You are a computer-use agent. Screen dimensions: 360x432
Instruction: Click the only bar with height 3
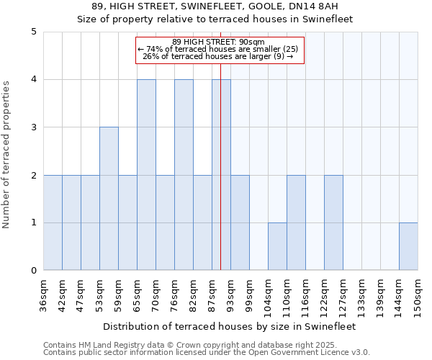coord(109,199)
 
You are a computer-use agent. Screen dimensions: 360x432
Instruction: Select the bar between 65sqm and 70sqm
coord(146,175)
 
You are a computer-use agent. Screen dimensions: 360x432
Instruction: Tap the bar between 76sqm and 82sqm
coord(184,175)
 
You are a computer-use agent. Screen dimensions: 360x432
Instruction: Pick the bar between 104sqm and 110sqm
coord(277,246)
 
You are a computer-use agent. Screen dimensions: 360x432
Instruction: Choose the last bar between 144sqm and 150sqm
coord(408,246)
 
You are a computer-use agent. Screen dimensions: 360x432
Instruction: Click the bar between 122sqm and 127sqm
coord(333,222)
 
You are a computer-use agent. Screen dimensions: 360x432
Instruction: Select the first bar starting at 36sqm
coord(53,222)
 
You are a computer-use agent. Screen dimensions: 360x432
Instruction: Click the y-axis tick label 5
coord(34,32)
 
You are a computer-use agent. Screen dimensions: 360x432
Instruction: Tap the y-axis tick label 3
coord(34,127)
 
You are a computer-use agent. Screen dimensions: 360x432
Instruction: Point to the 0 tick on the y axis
coord(34,271)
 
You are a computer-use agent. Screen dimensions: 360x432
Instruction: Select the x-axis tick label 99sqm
coord(249,294)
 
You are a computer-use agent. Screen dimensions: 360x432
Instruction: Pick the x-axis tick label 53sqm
coord(99,294)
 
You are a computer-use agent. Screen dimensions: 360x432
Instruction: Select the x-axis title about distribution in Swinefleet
coord(230,326)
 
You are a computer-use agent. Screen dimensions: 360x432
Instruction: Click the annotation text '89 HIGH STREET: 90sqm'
coord(219,42)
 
